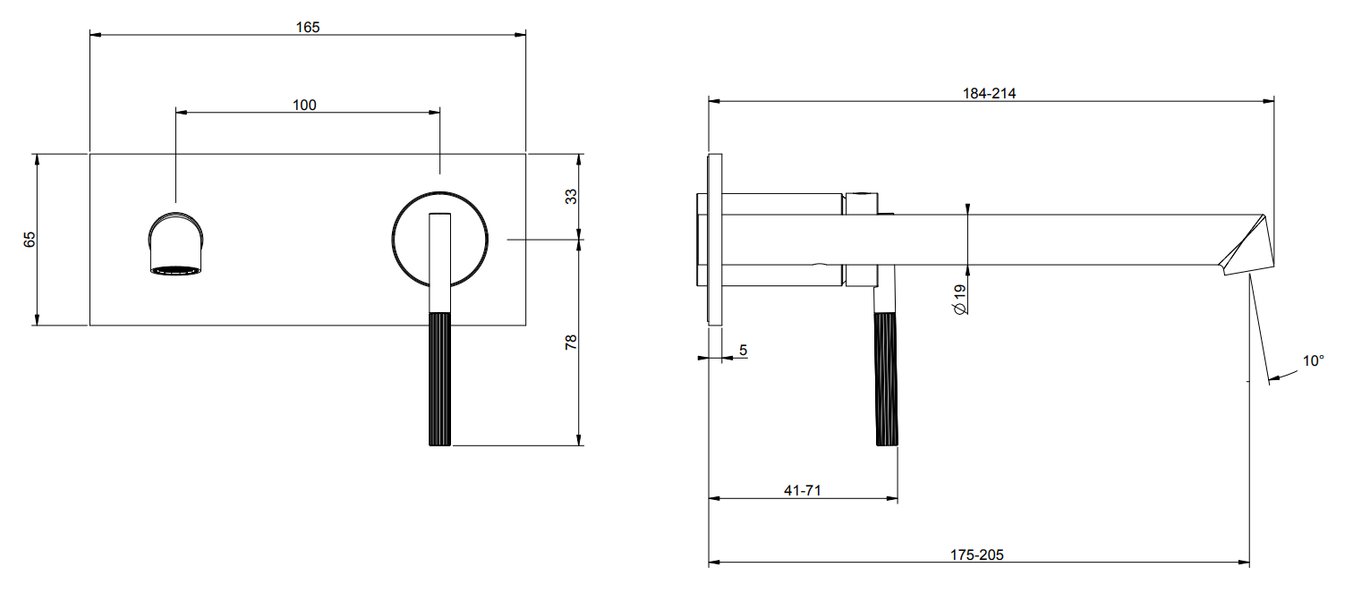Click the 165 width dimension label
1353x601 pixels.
pyautogui.click(x=308, y=27)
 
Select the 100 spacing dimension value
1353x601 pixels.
pyautogui.click(x=304, y=105)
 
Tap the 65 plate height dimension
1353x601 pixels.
pyautogui.click(x=30, y=240)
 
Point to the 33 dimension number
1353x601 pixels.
pyautogui.click(x=571, y=197)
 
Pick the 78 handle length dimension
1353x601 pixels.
pyautogui.click(x=571, y=343)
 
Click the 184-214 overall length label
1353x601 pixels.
pyautogui.click(x=990, y=94)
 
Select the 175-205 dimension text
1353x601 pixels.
pyautogui.click(x=976, y=554)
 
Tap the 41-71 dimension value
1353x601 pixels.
pyautogui.click(x=803, y=491)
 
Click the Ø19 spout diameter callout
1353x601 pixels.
pyautogui.click(x=959, y=300)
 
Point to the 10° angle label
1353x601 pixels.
pyautogui.click(x=1313, y=360)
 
